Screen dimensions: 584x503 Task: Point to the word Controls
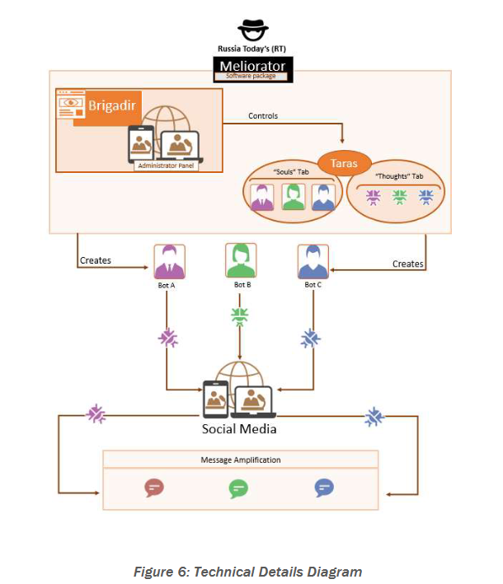click(263, 116)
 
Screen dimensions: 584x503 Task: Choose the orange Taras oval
click(345, 163)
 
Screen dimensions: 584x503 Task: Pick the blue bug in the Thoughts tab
click(425, 197)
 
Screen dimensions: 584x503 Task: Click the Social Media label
click(239, 429)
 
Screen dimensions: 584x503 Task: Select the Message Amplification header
click(240, 460)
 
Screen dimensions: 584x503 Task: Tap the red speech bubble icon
click(153, 488)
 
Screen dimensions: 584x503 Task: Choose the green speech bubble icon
click(238, 488)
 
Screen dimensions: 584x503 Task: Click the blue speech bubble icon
click(324, 488)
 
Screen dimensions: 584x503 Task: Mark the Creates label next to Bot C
click(408, 264)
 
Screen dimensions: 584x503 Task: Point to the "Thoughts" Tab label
click(399, 177)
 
